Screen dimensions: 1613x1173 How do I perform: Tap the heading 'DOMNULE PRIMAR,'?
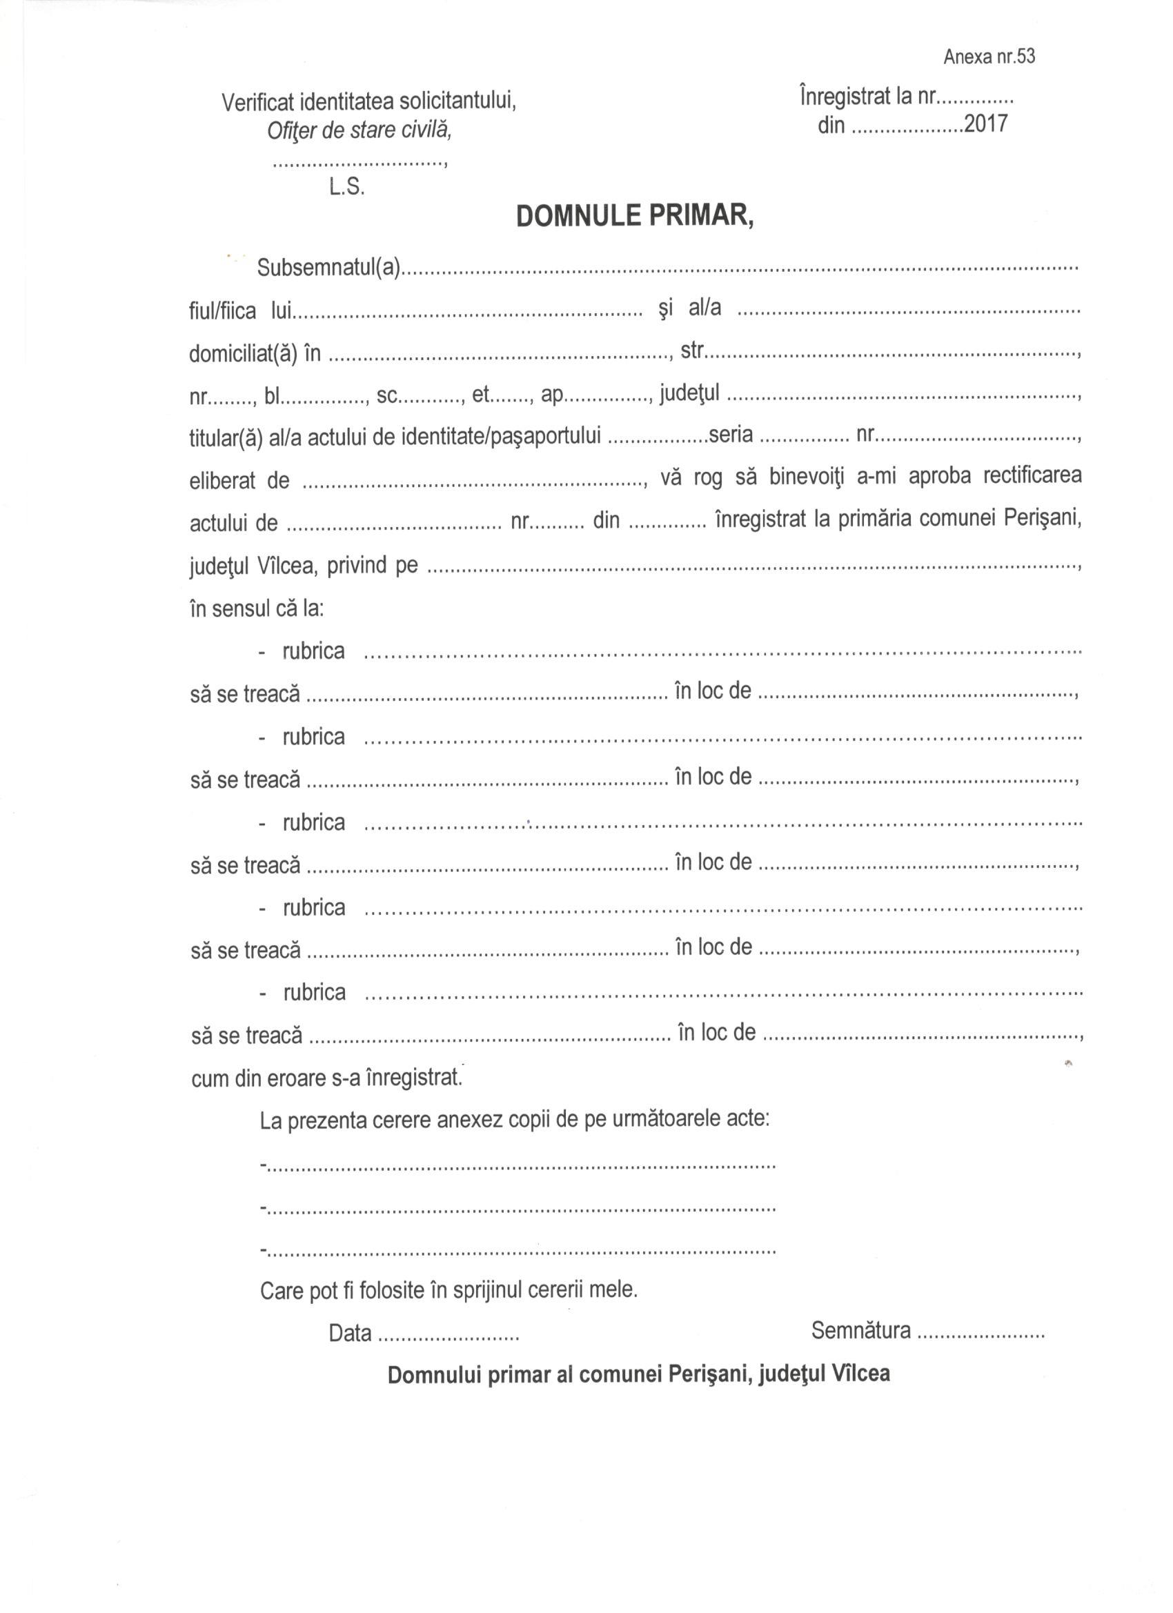634,216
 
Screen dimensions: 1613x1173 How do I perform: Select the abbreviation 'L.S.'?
346,187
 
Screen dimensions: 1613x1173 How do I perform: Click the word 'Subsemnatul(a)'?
330,269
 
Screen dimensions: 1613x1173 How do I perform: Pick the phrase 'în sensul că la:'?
257,608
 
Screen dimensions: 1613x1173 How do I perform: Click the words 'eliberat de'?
239,482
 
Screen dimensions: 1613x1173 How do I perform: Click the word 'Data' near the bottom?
350,1334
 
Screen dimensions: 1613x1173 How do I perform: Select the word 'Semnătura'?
860,1330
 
